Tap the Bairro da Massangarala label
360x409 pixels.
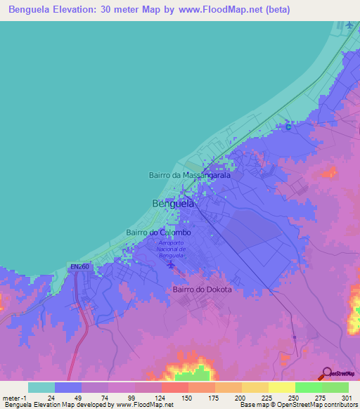click(x=190, y=175)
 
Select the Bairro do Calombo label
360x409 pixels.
click(x=158, y=232)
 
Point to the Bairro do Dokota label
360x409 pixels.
click(x=202, y=289)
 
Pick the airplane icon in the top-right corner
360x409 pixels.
click(x=349, y=26)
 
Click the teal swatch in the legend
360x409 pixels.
click(x=41, y=387)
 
